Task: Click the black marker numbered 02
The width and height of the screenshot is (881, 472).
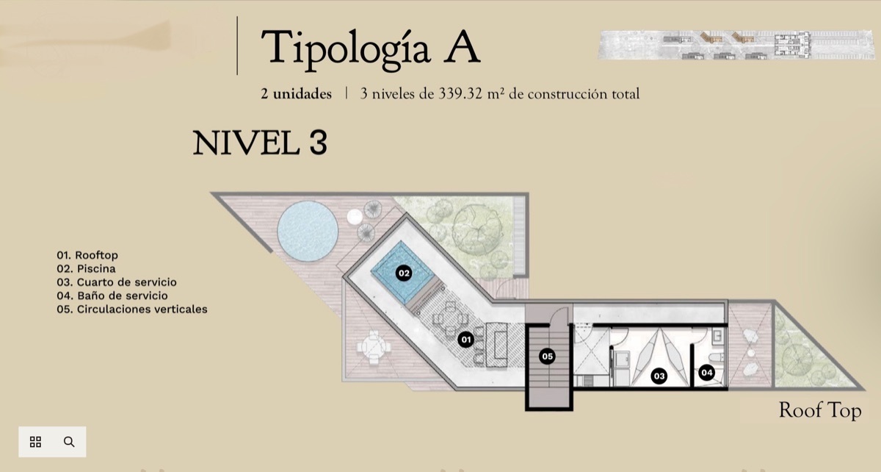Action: pos(404,273)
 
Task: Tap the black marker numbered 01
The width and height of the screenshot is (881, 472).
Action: pos(465,339)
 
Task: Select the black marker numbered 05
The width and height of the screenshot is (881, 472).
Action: pos(547,356)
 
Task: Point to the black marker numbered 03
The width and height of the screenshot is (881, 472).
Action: pos(659,376)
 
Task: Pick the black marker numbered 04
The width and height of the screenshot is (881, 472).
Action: pos(706,372)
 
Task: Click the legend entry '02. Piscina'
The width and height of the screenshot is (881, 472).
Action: pos(86,268)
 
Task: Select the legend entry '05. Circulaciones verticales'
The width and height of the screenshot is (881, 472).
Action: pos(131,309)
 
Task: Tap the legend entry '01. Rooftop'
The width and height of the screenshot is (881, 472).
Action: pos(87,255)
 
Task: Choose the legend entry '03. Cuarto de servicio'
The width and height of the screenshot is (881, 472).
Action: pos(117,282)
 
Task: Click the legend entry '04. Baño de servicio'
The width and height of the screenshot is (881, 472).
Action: pos(112,296)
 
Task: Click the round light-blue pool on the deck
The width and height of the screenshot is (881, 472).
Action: pos(308,232)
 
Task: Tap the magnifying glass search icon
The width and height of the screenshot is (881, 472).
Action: pos(69,442)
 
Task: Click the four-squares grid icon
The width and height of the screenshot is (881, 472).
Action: pos(35,442)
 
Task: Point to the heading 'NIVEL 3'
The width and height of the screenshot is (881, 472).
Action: pos(260,143)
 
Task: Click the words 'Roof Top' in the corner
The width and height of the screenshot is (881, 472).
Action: pos(820,410)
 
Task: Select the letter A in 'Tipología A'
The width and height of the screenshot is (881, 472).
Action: pos(462,48)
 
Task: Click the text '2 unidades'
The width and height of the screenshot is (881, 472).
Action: pos(296,94)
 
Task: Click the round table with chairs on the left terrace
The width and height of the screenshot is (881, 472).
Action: pos(373,348)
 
